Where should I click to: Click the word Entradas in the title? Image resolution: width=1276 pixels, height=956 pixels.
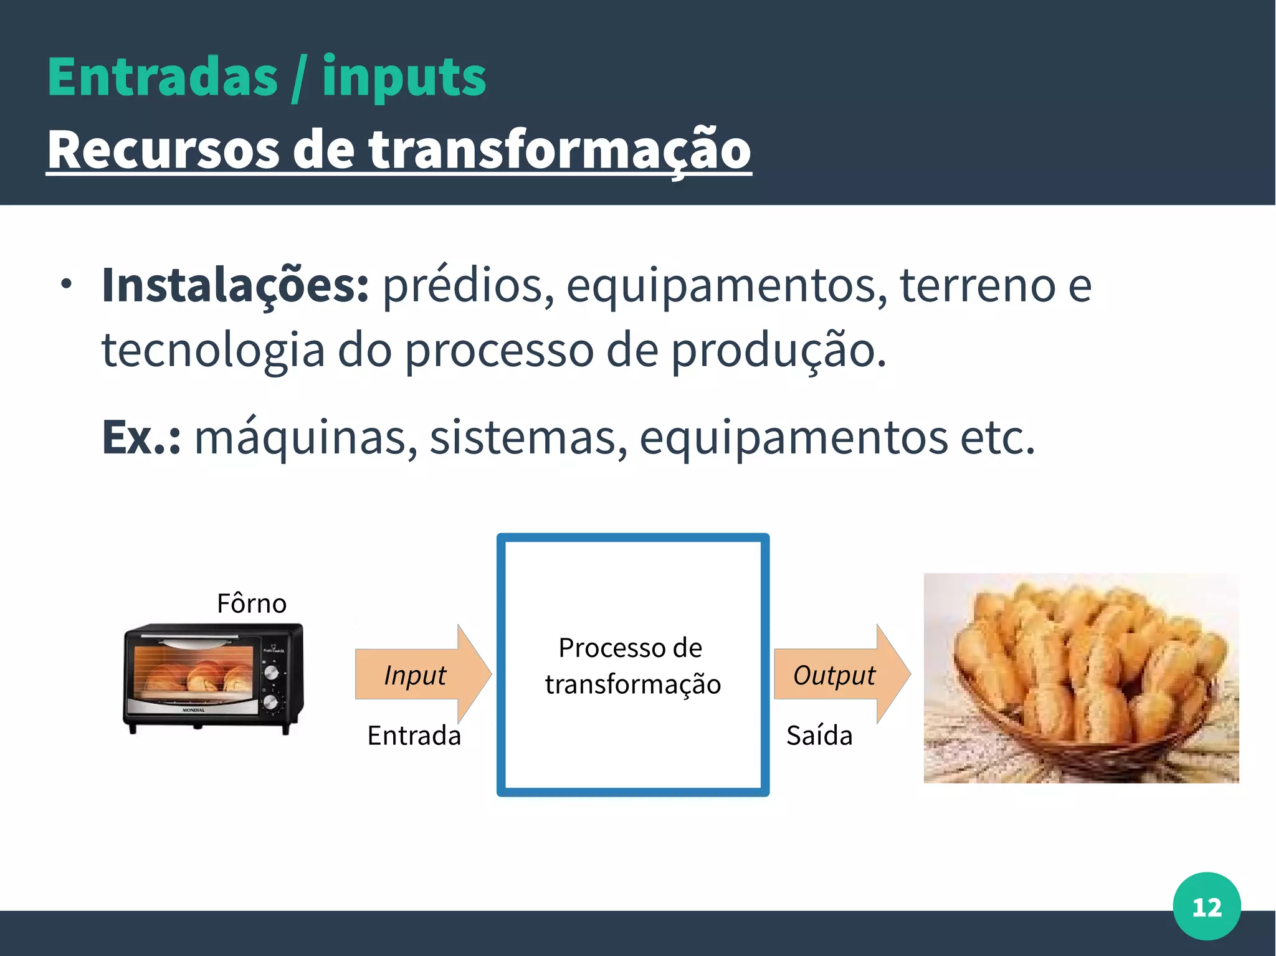coord(162,77)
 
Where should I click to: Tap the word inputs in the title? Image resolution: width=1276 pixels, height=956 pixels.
coord(403,78)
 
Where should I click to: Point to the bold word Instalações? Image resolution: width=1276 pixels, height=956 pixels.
coord(236,285)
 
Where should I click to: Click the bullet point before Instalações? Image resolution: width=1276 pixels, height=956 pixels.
coord(67,285)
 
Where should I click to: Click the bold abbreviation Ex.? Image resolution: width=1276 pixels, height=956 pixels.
coord(141,437)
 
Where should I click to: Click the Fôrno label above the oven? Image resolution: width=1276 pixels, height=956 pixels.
coord(251,603)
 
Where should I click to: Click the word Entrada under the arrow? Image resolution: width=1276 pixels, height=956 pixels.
coord(414,736)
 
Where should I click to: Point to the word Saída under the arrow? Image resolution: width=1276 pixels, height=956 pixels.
coord(819,736)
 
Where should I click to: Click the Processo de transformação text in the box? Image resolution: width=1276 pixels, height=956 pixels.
coord(632,666)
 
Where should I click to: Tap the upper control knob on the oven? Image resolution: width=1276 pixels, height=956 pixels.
coord(271,673)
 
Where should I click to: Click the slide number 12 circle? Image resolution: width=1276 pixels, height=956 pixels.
coord(1206,906)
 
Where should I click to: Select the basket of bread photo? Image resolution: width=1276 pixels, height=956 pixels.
coord(1081,678)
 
